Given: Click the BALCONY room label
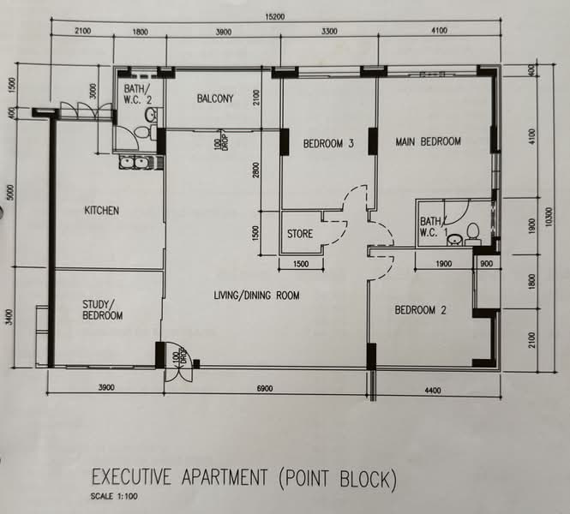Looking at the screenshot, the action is (215, 99).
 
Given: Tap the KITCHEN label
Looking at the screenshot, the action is (101, 211).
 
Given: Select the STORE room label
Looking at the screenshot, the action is (300, 234).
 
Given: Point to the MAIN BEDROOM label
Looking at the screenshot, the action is (429, 141).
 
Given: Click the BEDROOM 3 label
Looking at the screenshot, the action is (328, 143).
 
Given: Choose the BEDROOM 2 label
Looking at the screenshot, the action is (420, 310).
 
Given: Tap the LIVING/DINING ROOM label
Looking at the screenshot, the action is (256, 296).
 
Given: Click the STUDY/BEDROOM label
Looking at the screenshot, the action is (103, 310).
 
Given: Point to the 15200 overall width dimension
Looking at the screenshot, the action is (275, 17).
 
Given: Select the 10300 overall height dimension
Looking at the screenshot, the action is (549, 217).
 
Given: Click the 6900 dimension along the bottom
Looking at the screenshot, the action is (265, 389).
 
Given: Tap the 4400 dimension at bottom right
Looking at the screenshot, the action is (433, 391).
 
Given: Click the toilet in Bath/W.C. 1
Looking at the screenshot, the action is (472, 234).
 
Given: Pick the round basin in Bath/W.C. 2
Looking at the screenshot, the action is (151, 115).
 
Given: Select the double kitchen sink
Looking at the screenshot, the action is (134, 163).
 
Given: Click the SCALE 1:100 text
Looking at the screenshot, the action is (114, 497).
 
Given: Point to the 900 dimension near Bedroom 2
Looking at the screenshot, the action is (486, 263).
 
